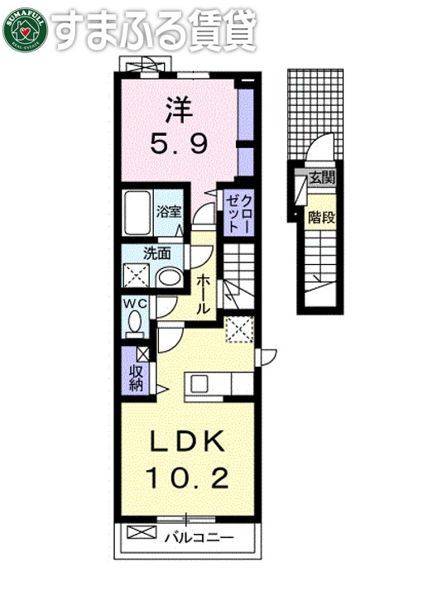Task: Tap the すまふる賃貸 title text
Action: coord(156,29)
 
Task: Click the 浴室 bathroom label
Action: coord(171,211)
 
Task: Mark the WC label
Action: coord(135,305)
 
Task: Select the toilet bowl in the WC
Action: coord(135,325)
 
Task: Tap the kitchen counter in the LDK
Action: coord(219,385)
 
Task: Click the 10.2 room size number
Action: coord(187,478)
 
